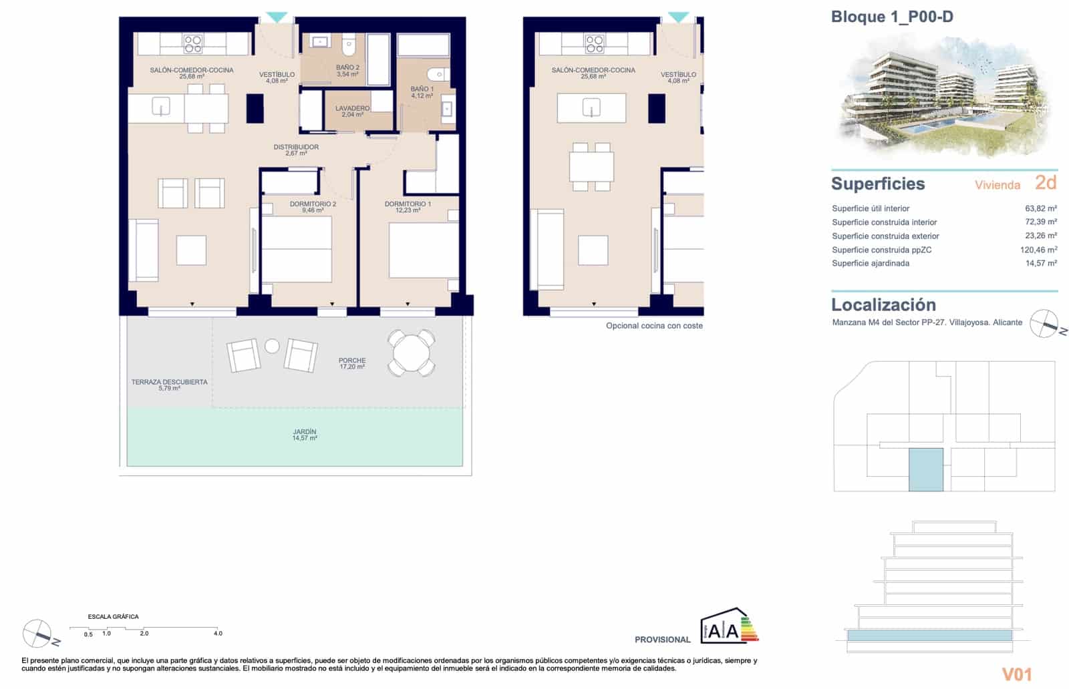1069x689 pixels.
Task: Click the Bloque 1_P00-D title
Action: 891,17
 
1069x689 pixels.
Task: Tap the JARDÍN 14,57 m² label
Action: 304,435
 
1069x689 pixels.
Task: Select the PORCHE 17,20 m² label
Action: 352,363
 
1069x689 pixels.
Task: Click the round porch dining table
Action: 411,353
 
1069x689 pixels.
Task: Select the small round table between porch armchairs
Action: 272,346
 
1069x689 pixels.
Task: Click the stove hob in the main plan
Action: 193,44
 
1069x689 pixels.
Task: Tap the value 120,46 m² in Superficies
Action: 1038,250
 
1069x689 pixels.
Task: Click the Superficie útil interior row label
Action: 871,208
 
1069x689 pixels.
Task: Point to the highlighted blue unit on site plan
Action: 926,469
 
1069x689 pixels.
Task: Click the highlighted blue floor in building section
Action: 929,636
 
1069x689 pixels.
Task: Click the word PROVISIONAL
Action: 662,640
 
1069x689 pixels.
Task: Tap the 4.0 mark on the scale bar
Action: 218,633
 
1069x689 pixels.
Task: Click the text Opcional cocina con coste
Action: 654,326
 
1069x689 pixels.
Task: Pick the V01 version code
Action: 1017,674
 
